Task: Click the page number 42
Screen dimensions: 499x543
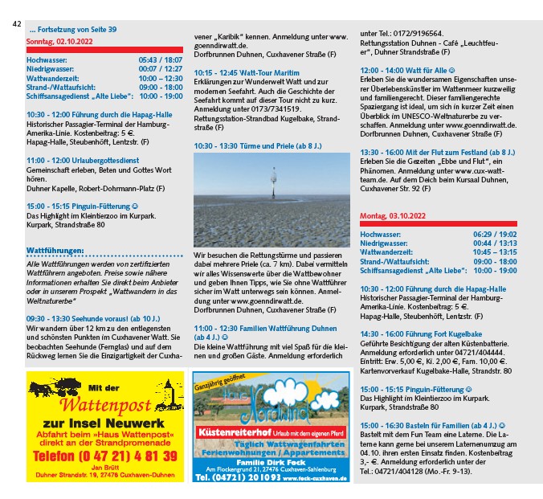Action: pos(16,23)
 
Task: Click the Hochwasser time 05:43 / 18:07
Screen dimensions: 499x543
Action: pos(160,60)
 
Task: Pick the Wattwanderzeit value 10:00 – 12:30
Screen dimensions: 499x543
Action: pos(160,78)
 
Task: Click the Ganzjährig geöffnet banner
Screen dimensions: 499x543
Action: pos(217,381)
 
